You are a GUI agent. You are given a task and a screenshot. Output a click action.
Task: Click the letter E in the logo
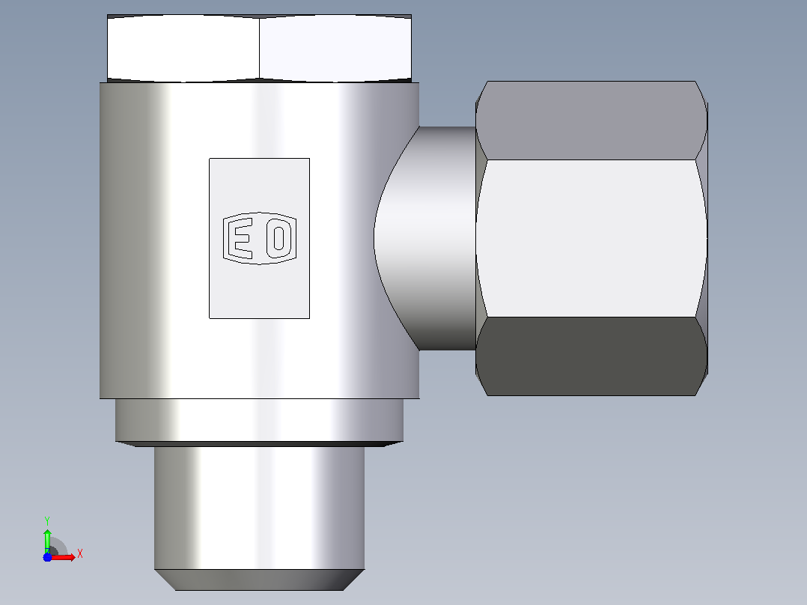coord(240,238)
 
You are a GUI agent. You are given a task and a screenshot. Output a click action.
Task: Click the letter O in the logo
coord(279,238)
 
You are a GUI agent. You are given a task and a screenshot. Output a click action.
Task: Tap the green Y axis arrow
coord(47,541)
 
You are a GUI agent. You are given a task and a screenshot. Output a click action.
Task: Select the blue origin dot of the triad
coord(47,557)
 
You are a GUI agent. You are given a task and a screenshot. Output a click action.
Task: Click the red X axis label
coord(80,554)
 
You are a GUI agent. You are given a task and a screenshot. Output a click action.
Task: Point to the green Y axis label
coord(47,521)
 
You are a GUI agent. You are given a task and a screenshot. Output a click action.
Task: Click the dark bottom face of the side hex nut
coord(591,356)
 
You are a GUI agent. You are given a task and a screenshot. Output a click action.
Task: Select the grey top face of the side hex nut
coord(591,120)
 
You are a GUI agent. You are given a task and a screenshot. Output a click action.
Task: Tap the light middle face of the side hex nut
coord(591,238)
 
